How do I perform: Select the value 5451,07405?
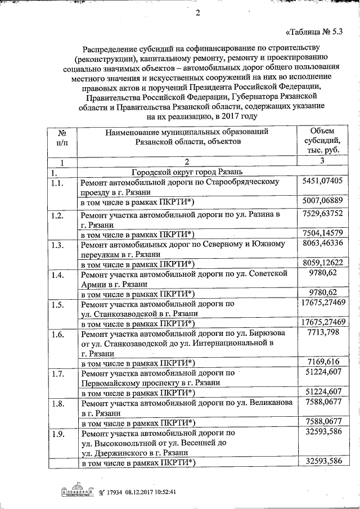coord(322,181)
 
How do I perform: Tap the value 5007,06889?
coord(322,200)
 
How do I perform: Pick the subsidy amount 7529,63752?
coord(322,214)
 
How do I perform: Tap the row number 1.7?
coord(57,373)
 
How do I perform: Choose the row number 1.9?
coord(57,434)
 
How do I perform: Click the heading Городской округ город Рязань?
coord(187,172)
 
